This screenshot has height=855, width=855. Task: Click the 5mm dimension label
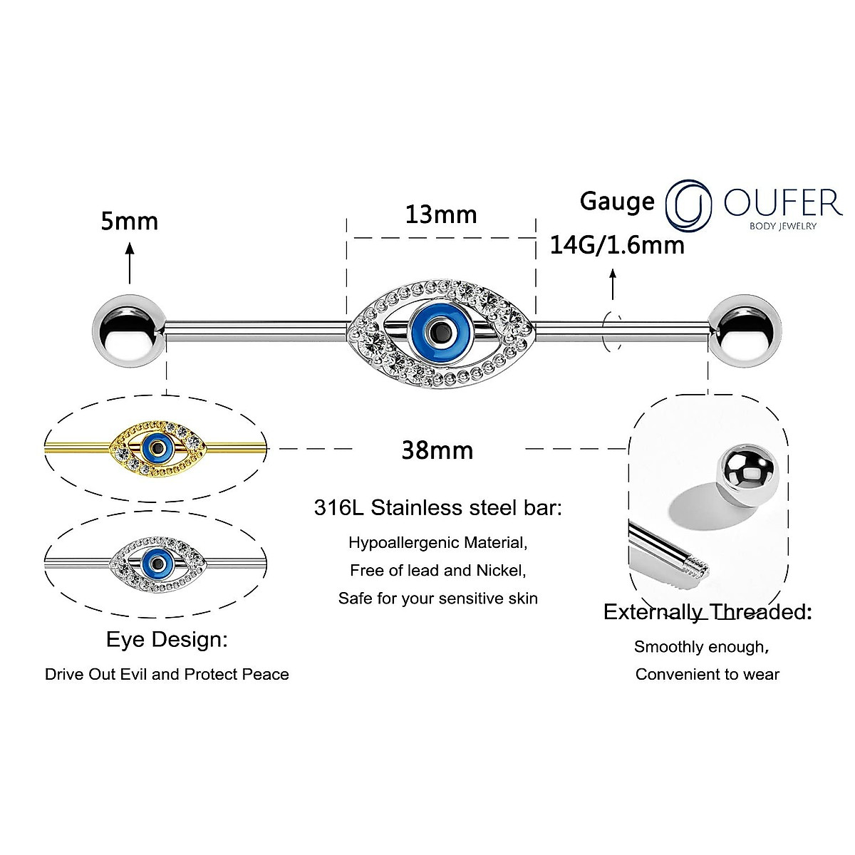[129, 221]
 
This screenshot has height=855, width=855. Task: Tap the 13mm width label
[441, 214]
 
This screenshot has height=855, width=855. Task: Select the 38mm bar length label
[437, 450]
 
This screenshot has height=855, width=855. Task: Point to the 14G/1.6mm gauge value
[617, 245]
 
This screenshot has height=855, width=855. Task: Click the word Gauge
[617, 201]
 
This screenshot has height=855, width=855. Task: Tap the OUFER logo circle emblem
[688, 204]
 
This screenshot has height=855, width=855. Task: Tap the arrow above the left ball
[129, 264]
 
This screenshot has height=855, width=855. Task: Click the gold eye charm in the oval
[156, 447]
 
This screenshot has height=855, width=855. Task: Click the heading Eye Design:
[167, 639]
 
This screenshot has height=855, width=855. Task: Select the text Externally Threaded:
[707, 612]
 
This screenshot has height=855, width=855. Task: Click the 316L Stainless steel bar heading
[437, 508]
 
